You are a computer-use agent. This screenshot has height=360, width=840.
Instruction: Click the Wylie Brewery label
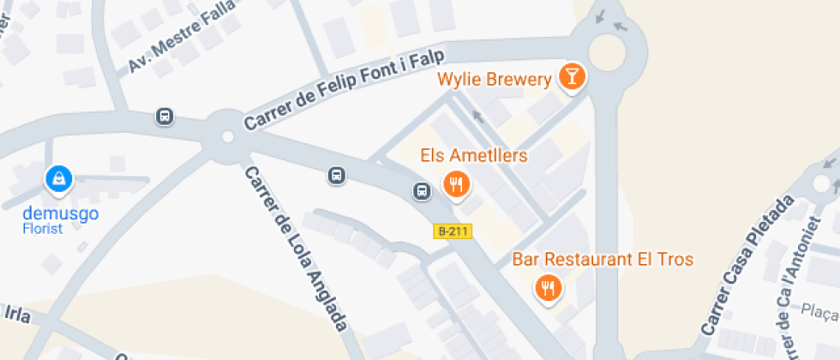(494, 80)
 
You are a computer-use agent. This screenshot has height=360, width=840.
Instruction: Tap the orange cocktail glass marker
(570, 77)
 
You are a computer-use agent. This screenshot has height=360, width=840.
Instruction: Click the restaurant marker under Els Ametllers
(457, 183)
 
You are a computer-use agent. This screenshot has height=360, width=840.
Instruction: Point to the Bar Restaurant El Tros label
(603, 259)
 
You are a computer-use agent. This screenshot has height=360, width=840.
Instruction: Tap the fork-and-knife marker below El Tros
(548, 287)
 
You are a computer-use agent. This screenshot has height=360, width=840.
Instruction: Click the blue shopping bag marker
(57, 178)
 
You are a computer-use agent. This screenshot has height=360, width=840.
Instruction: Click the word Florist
(43, 229)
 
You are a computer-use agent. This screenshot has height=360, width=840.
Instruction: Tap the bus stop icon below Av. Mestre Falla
(165, 116)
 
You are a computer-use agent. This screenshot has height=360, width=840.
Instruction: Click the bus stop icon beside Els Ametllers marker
(422, 190)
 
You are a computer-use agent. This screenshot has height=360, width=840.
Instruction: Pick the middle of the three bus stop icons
(337, 176)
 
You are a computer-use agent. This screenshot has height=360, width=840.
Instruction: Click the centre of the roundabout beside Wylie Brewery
(607, 53)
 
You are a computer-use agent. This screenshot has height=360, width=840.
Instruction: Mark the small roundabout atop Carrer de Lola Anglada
(227, 135)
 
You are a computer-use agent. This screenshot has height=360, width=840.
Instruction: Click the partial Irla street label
(16, 315)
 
